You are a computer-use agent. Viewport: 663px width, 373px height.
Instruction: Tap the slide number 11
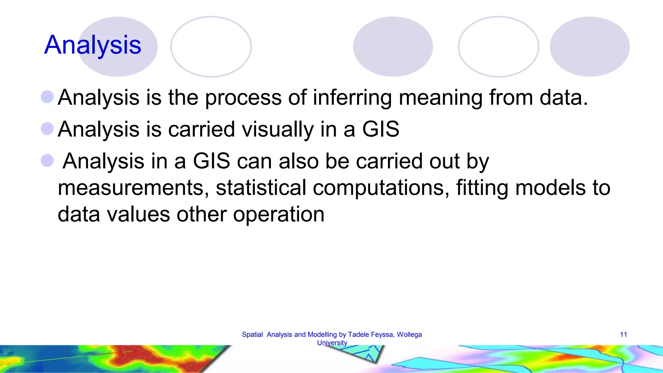[624, 334]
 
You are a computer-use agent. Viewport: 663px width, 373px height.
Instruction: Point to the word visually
[278, 129]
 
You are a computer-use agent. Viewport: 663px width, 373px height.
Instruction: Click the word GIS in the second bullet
[381, 129]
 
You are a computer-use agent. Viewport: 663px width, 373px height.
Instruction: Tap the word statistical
[261, 188]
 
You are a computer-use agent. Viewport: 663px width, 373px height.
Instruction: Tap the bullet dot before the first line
[47, 97]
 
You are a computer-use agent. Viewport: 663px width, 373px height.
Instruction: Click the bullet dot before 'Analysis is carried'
[47, 129]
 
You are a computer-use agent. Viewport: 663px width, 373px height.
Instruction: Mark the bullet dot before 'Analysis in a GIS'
[47, 160]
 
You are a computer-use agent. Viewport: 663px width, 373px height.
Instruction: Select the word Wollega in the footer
[409, 334]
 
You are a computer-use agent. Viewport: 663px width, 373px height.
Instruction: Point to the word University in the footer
[332, 343]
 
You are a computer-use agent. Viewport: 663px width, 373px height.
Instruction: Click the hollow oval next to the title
[211, 47]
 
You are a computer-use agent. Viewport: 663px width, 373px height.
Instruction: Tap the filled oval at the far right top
[590, 47]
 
